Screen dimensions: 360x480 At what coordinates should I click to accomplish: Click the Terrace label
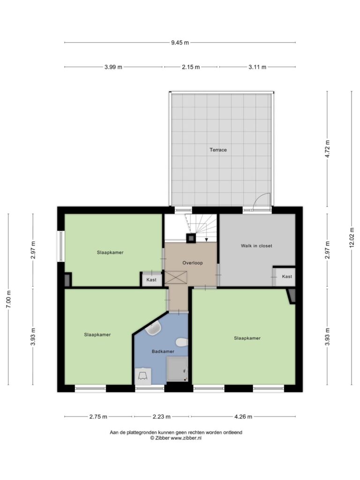click(218, 150)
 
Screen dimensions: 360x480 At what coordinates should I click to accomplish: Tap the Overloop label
click(192, 262)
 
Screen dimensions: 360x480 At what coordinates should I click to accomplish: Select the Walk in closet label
click(256, 246)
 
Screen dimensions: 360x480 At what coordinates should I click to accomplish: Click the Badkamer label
click(163, 352)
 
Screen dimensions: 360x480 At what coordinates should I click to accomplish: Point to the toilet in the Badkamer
click(182, 342)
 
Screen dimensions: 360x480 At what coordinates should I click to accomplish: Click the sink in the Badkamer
click(153, 329)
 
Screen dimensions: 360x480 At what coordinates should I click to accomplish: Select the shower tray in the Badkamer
click(177, 370)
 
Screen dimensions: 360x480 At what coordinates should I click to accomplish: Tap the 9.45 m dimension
click(180, 43)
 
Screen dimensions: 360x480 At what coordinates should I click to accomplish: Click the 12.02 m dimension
click(352, 237)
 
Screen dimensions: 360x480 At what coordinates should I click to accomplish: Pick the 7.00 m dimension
click(8, 299)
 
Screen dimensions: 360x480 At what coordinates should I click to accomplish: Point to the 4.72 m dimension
click(327, 149)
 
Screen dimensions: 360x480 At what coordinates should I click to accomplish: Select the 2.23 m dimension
click(161, 416)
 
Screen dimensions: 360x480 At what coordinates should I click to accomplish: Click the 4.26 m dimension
click(243, 416)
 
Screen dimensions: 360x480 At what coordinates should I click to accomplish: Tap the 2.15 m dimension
click(191, 67)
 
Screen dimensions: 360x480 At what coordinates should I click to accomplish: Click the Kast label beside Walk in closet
click(287, 277)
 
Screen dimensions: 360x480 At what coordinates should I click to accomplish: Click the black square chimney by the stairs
click(190, 238)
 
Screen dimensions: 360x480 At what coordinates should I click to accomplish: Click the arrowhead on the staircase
click(207, 240)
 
